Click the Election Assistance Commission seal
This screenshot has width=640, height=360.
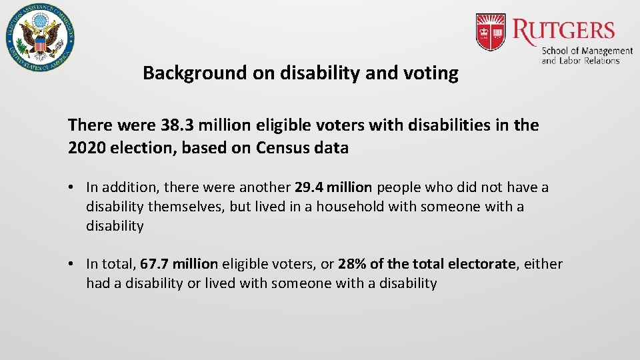pyautogui.click(x=39, y=38)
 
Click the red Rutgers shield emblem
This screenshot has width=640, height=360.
pyautogui.click(x=490, y=31)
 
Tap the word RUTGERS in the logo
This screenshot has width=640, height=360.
pyautogui.click(x=564, y=29)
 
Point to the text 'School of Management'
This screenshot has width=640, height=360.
pyautogui.click(x=587, y=51)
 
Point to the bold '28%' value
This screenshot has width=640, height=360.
pyautogui.click(x=352, y=264)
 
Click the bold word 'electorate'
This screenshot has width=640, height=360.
pyautogui.click(x=482, y=264)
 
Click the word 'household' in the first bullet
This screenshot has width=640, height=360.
pyautogui.click(x=350, y=207)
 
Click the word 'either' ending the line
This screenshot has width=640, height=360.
pyautogui.click(x=543, y=264)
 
